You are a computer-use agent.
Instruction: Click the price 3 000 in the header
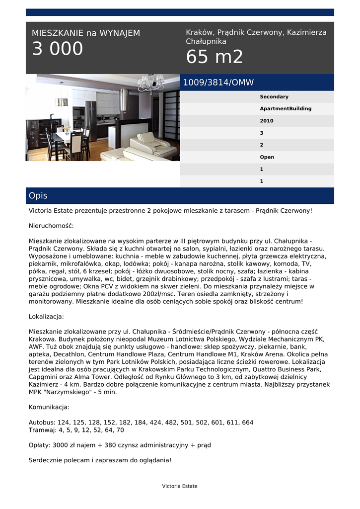click(x=58, y=49)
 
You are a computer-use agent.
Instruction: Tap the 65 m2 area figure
click(x=215, y=57)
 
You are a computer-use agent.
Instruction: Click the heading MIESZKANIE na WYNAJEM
click(x=86, y=33)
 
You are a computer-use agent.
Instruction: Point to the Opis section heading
click(x=38, y=196)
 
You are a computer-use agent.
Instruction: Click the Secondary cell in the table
click(x=274, y=97)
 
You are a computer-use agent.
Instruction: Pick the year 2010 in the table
click(x=267, y=121)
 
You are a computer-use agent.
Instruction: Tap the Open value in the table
click(x=267, y=157)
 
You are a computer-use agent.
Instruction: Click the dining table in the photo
click(x=67, y=136)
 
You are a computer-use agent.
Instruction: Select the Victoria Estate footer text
click(x=180, y=486)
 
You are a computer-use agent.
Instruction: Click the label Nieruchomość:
click(x=51, y=226)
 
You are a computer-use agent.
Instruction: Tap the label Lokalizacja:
click(x=46, y=317)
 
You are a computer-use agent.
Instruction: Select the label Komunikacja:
click(x=49, y=407)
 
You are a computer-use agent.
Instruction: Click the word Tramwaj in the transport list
click(x=42, y=430)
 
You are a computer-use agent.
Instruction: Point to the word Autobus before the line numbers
click(x=42, y=423)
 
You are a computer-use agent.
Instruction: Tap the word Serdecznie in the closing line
click(x=46, y=460)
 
